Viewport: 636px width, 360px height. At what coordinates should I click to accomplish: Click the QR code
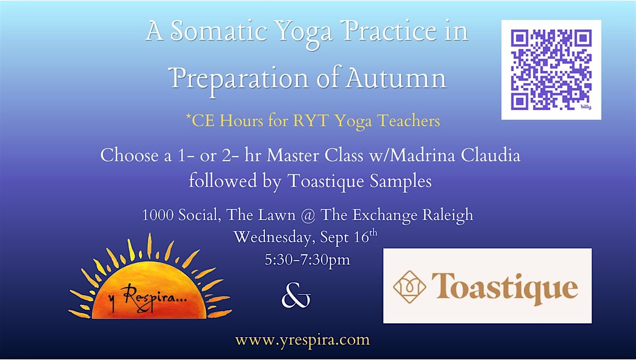551,69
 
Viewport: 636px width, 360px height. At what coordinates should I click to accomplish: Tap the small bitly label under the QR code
586,107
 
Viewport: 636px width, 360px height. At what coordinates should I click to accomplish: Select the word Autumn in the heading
396,78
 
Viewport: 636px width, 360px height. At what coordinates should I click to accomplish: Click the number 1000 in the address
158,215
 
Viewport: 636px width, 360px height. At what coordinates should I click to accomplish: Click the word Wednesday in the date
272,237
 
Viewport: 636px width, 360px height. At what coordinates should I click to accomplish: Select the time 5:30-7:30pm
307,260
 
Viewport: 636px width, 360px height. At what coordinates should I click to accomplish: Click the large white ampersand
296,295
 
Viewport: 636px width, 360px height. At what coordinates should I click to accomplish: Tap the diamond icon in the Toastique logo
409,287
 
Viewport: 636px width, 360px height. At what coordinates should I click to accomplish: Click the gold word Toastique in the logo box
505,288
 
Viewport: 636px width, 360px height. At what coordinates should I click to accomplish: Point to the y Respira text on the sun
148,299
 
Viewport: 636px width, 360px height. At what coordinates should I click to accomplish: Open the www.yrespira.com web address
303,340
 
